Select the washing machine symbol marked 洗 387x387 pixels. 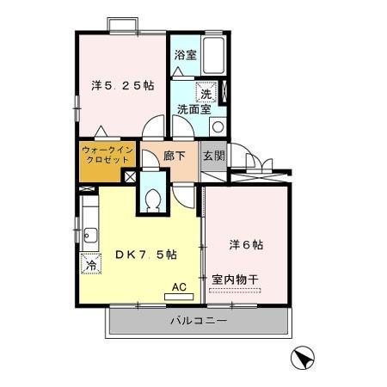(x=206, y=93)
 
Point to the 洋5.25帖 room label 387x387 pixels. (x=123, y=85)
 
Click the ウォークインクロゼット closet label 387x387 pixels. (x=107, y=156)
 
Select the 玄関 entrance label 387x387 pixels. (x=214, y=156)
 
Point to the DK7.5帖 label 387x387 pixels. (x=146, y=255)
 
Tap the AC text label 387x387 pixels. (x=179, y=286)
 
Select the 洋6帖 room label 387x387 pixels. (x=246, y=244)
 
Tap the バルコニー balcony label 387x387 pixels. (x=198, y=321)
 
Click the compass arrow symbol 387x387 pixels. (x=302, y=356)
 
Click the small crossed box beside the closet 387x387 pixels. (x=130, y=176)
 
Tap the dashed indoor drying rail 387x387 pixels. (x=235, y=291)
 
